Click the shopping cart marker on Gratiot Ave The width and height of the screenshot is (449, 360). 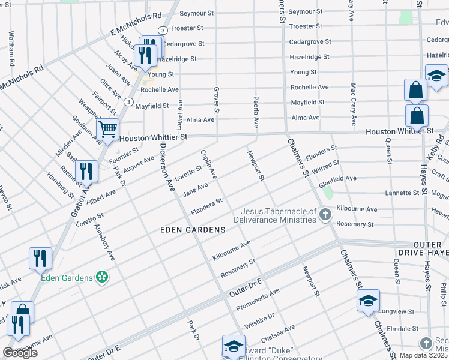pos(107,129)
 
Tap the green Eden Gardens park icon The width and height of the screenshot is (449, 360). pos(103,277)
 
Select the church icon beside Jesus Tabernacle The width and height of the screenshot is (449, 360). pos(325,215)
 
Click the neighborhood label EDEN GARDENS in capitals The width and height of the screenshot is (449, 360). pos(193,230)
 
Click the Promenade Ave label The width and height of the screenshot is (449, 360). pos(258,299)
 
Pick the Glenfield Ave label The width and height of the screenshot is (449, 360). pos(337,179)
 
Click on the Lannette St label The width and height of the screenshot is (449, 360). pos(402,193)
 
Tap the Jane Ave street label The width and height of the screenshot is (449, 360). pos(196,189)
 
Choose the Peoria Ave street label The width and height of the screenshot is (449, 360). pos(256,112)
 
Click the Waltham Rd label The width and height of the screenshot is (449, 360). pos(11,53)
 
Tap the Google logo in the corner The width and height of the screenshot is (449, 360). pos(20,353)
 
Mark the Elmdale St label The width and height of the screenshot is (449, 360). pos(402,329)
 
